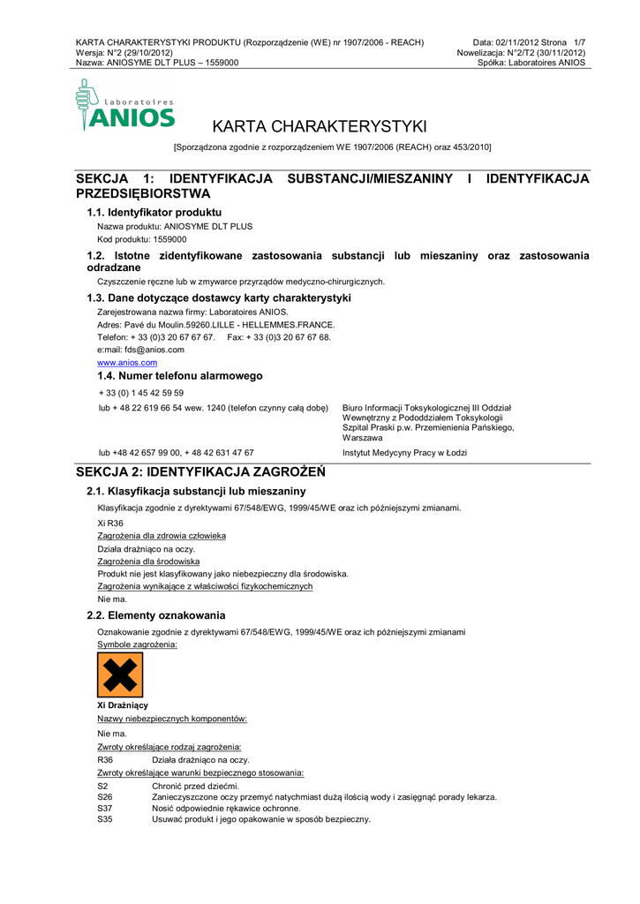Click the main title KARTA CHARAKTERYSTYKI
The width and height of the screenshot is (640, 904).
320,125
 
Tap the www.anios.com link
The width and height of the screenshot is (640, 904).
127,363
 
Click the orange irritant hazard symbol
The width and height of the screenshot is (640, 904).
120,674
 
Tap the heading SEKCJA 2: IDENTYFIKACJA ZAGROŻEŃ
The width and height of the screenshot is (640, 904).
201,471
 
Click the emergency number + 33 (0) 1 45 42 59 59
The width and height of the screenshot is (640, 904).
141,393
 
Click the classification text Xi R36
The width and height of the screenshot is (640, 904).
110,523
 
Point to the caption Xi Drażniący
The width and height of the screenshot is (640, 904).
123,705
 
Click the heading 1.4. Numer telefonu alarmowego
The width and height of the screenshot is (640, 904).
174,376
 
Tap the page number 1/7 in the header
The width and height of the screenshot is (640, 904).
579,42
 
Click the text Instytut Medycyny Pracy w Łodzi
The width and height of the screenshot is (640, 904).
404,453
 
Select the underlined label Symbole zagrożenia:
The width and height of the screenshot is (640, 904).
137,644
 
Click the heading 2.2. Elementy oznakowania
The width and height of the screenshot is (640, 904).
155,615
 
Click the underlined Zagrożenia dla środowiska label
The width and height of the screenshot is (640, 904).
148,561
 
